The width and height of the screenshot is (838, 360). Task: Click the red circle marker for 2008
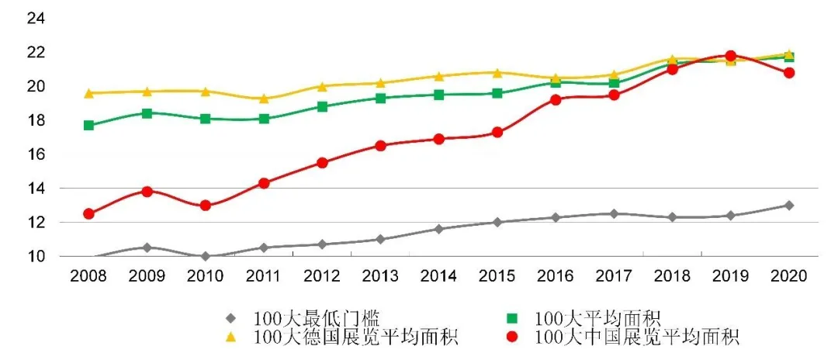point(88,213)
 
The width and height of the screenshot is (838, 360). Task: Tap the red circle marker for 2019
point(730,56)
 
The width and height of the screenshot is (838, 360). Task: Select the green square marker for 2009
point(147,112)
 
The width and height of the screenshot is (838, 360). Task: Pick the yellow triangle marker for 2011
point(264,99)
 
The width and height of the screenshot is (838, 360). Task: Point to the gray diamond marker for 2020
point(789,206)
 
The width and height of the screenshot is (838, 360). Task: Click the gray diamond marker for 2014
point(439,229)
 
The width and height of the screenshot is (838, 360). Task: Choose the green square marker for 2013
point(380,98)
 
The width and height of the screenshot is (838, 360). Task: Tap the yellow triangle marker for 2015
point(497,72)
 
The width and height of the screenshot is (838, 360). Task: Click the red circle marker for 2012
point(322,163)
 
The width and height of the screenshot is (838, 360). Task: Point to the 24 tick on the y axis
point(37,18)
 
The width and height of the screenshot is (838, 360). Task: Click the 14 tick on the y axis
point(37,189)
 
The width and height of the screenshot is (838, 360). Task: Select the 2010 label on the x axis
point(206,275)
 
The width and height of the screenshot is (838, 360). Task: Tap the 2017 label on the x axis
point(614,275)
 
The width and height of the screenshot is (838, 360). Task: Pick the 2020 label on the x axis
point(789,275)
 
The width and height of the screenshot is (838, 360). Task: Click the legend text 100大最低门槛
point(316,317)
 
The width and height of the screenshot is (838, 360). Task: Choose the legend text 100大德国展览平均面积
point(355,337)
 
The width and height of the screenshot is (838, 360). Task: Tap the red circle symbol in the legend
point(513,337)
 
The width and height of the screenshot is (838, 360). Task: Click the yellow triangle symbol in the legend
point(230,337)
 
